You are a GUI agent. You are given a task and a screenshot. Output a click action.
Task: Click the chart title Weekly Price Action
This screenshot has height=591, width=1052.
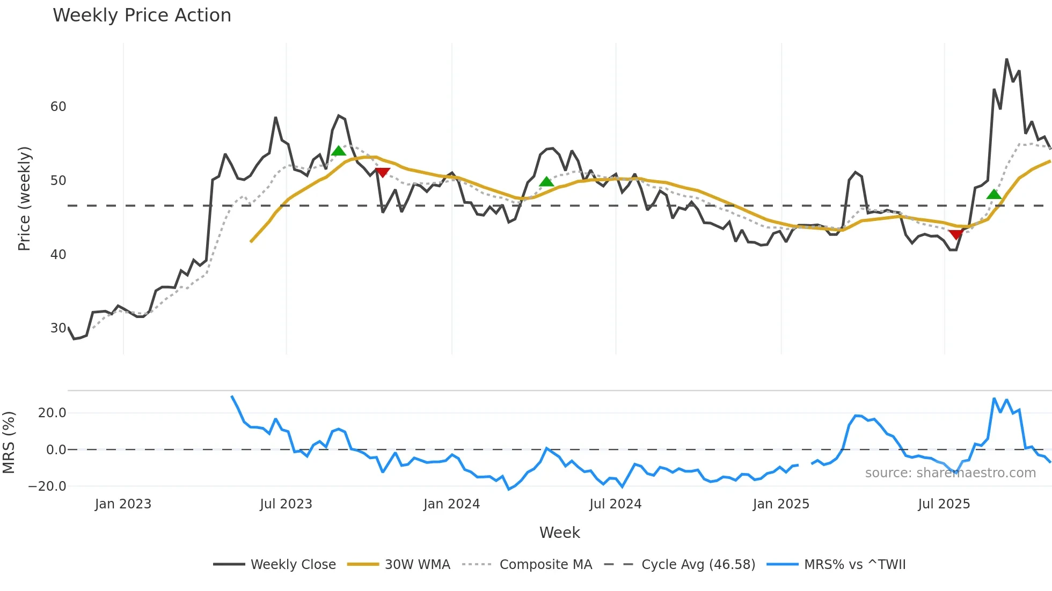pos(142,16)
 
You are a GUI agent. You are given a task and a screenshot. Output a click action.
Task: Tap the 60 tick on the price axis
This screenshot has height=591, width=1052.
pos(58,107)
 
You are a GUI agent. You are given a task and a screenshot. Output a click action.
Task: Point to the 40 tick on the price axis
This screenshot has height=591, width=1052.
pos(58,255)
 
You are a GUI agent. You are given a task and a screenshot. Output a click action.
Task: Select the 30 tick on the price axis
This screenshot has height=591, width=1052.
pos(58,328)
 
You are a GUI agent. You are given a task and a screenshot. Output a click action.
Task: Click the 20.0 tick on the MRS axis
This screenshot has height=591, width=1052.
pos(52,413)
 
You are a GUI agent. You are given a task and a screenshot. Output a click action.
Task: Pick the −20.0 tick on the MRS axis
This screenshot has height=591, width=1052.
pos(47,486)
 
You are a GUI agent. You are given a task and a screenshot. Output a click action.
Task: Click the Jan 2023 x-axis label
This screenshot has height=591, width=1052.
pos(123,504)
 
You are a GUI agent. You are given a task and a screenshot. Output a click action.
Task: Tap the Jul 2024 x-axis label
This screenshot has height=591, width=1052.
pos(615,504)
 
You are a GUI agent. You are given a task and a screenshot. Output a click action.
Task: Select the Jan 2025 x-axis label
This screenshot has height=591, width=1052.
pos(780,504)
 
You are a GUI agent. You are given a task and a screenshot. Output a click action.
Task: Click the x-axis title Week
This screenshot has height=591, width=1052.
pos(559,533)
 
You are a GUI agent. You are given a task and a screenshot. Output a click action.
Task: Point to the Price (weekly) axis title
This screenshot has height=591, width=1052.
pos(24,198)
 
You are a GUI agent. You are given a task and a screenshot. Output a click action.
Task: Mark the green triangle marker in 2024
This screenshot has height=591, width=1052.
pos(546,182)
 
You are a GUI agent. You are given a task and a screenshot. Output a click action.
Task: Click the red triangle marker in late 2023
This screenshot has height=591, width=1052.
pos(382,172)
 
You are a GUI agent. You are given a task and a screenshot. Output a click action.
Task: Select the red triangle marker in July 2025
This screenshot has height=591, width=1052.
pos(955,234)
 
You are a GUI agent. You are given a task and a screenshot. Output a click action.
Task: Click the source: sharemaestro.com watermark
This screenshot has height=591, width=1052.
pos(950,473)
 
